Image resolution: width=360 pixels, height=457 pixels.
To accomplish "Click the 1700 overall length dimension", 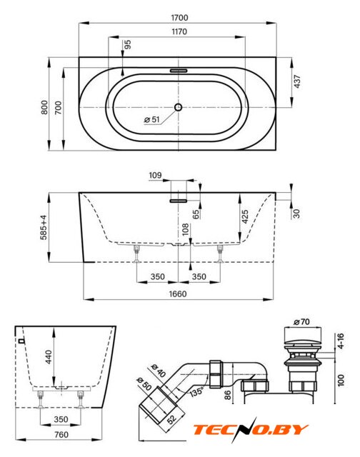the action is click(x=179, y=18).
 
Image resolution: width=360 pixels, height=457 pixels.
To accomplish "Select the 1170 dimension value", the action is click(x=179, y=31).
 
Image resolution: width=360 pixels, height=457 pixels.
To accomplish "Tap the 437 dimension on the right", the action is click(x=296, y=81).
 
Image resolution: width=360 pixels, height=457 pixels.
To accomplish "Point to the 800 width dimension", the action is click(x=44, y=107).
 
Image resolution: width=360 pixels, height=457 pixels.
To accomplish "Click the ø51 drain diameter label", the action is click(x=152, y=119).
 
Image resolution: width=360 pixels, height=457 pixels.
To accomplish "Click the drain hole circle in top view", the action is click(x=178, y=107).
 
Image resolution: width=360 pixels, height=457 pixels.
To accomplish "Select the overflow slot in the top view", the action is click(x=178, y=71).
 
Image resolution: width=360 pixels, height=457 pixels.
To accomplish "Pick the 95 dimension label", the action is click(x=128, y=44).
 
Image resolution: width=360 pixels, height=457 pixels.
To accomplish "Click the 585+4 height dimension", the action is click(x=44, y=227).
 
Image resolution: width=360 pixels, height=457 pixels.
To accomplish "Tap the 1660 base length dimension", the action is click(x=178, y=293).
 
